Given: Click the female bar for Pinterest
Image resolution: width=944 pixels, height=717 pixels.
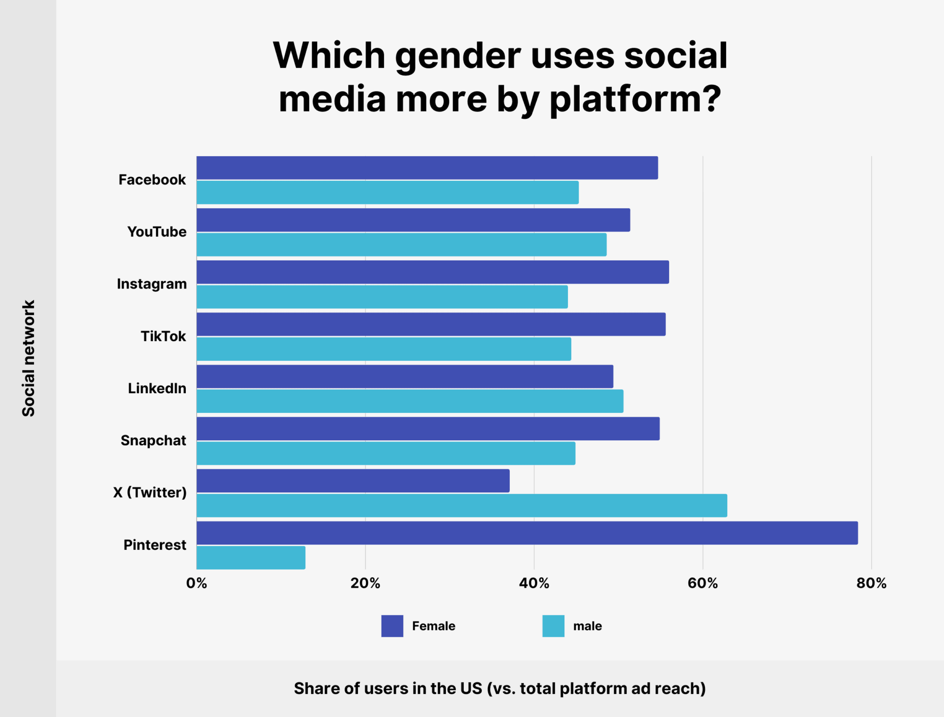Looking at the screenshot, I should click(x=527, y=533).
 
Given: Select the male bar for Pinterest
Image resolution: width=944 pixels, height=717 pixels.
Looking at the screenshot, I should click(x=251, y=557).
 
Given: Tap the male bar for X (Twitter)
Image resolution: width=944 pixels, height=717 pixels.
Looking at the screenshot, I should click(x=462, y=505).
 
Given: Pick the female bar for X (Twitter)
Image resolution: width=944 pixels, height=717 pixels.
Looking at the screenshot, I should click(x=353, y=481).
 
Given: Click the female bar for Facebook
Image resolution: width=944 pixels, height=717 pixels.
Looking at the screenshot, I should click(x=427, y=168).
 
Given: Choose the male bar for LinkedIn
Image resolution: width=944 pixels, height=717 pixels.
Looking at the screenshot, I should click(x=410, y=401).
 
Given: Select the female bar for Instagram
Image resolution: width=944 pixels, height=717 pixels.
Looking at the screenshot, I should click(x=433, y=272).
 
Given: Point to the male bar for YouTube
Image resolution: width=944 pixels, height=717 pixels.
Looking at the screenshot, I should click(x=401, y=244).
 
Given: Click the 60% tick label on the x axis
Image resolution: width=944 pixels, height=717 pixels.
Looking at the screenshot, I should click(x=703, y=583).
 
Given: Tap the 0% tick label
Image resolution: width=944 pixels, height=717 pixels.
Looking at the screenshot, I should click(x=197, y=583).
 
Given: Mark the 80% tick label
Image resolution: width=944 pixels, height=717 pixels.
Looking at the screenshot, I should click(x=871, y=583).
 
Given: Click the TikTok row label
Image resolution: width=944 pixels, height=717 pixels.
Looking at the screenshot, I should click(x=163, y=336).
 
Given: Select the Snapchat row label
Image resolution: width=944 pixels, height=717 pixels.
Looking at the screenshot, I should click(x=153, y=440).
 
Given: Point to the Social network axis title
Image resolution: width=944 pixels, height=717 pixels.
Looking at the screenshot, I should click(x=29, y=358).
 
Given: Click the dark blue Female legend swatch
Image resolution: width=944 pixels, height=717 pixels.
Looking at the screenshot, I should click(x=392, y=626).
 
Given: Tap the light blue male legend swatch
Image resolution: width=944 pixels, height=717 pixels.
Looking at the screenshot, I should click(x=553, y=626).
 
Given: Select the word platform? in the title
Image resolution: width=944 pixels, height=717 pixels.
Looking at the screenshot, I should click(x=635, y=99).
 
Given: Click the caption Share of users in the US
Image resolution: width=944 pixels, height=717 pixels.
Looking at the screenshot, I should click(x=500, y=688).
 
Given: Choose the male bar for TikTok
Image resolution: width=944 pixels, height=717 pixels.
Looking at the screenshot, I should click(x=383, y=349).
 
